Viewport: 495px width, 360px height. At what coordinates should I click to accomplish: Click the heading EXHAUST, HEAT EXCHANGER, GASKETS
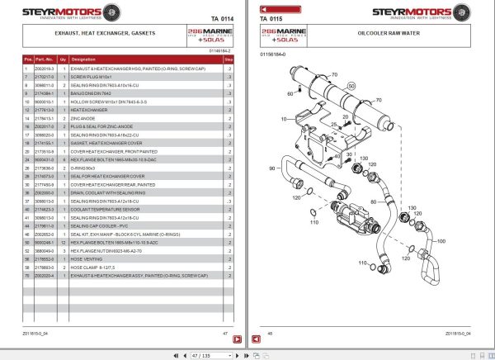tap(96, 34)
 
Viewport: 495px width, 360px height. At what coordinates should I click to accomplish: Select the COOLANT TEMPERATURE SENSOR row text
tap(105, 210)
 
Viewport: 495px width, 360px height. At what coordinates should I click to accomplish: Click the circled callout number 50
tap(351, 85)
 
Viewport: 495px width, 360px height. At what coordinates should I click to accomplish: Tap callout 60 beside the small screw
tap(291, 93)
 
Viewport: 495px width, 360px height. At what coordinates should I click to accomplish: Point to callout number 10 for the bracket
tap(285, 120)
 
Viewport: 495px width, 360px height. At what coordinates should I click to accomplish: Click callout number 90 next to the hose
tap(272, 168)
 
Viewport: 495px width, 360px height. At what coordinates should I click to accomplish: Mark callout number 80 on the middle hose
tap(373, 201)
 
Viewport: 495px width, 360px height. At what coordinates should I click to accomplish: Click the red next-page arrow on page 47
tap(236, 339)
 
